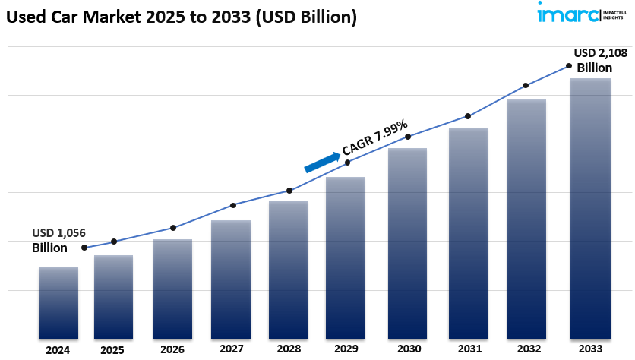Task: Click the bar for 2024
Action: (58, 302)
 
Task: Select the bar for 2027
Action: (231, 279)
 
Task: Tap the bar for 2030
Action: (408, 243)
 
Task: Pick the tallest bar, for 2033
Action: (591, 208)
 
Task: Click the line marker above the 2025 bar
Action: (114, 242)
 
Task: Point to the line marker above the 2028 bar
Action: (289, 191)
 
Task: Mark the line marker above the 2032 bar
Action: (526, 86)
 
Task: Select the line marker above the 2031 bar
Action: (468, 116)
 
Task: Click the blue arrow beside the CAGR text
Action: (322, 161)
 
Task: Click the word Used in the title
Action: (24, 16)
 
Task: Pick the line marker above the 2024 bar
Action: (84, 248)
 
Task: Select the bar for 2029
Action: (345, 257)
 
